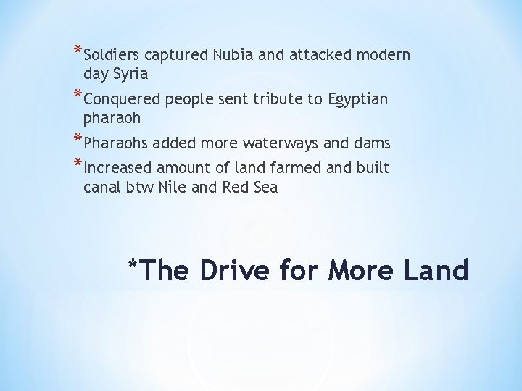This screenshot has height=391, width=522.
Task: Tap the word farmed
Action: click(303, 169)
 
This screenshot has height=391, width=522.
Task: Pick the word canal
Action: click(101, 187)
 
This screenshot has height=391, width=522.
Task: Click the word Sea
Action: click(265, 187)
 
